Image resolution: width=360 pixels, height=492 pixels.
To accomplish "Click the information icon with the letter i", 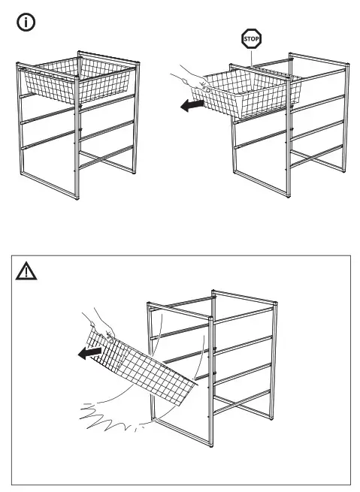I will [26, 23].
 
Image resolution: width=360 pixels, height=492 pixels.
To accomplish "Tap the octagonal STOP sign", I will [250, 39].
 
